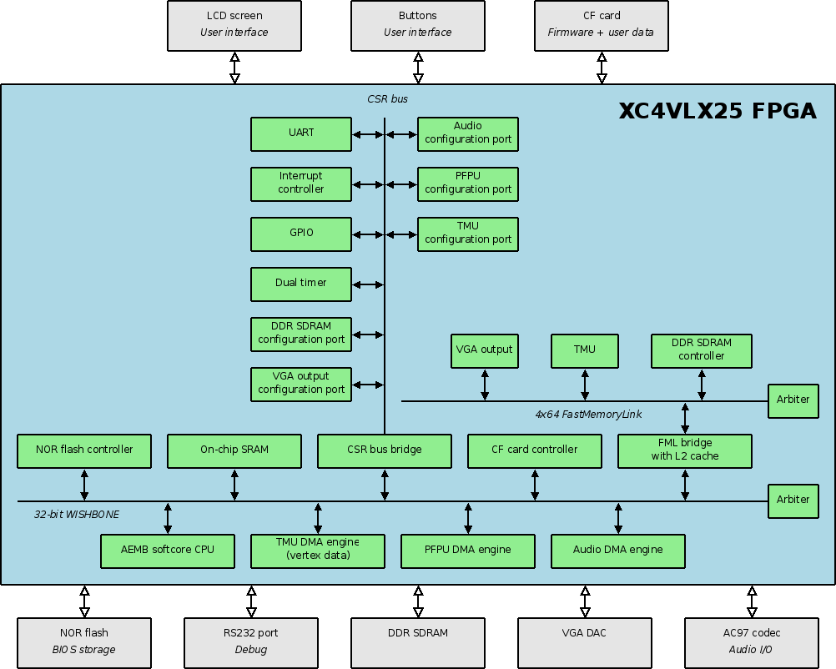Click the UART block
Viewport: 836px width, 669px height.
point(301,133)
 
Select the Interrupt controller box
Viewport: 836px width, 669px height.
point(301,184)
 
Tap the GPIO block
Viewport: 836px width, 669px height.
point(301,234)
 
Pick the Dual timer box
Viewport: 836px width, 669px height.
point(301,284)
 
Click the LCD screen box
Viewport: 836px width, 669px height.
point(234,24)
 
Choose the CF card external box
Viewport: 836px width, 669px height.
point(602,24)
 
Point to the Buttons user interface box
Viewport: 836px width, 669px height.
point(418,24)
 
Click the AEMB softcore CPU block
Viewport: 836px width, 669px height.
point(168,551)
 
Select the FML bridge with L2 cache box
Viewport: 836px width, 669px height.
point(685,450)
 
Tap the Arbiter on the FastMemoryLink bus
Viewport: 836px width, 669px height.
point(793,400)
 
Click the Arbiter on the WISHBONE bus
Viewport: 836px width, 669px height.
point(793,500)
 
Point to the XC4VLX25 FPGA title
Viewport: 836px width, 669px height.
point(718,112)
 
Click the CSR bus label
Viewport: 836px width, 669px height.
point(387,99)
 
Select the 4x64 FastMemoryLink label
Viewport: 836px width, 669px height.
point(588,414)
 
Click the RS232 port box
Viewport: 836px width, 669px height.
point(251,641)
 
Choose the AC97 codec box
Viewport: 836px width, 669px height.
point(752,641)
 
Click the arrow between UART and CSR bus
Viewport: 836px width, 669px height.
point(368,134)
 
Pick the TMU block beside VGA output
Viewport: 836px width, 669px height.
point(585,350)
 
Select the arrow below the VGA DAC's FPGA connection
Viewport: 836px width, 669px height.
point(585,601)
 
